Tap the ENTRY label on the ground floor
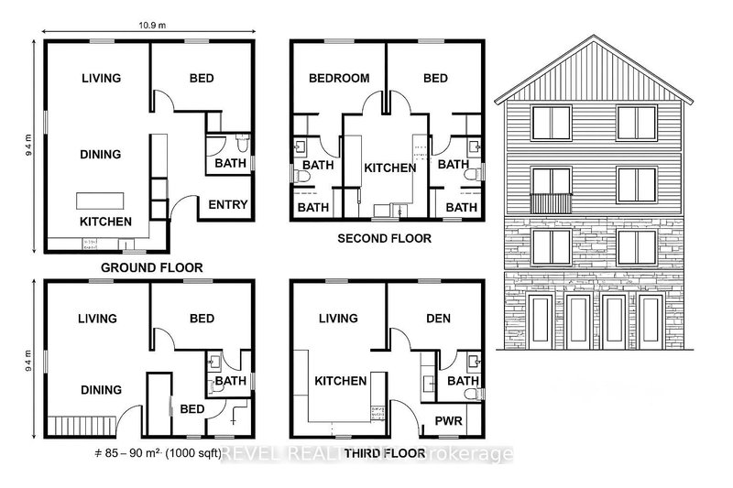click(228, 205)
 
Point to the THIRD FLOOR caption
click(388, 452)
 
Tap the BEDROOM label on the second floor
click(338, 79)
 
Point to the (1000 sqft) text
click(189, 454)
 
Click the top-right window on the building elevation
click(634, 123)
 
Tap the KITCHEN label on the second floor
click(390, 168)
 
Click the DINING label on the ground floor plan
click(101, 154)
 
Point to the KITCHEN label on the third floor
click(342, 381)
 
